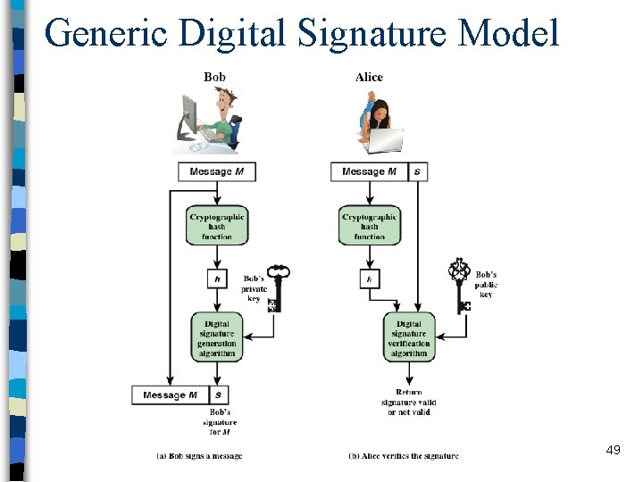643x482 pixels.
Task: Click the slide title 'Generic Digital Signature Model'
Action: [301, 33]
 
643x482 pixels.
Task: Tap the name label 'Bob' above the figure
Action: [214, 77]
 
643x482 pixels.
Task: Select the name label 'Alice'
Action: [369, 77]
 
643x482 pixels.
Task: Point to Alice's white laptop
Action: [383, 140]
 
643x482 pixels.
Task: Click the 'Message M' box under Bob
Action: [217, 171]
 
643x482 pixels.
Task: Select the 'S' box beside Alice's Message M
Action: [418, 171]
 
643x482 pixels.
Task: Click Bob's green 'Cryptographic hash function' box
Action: [217, 226]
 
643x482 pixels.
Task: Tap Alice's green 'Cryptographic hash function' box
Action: [369, 226]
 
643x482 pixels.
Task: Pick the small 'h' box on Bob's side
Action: [217, 279]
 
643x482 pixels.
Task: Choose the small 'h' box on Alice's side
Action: [369, 279]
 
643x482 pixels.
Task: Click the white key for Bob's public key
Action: [461, 285]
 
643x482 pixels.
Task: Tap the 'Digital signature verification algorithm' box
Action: [410, 337]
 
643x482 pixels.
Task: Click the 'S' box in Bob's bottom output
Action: [218, 395]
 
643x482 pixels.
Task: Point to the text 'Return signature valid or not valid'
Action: [410, 403]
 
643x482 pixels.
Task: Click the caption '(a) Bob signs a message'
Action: [200, 456]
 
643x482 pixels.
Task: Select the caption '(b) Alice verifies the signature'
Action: [404, 456]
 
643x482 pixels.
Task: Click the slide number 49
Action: [613, 451]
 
